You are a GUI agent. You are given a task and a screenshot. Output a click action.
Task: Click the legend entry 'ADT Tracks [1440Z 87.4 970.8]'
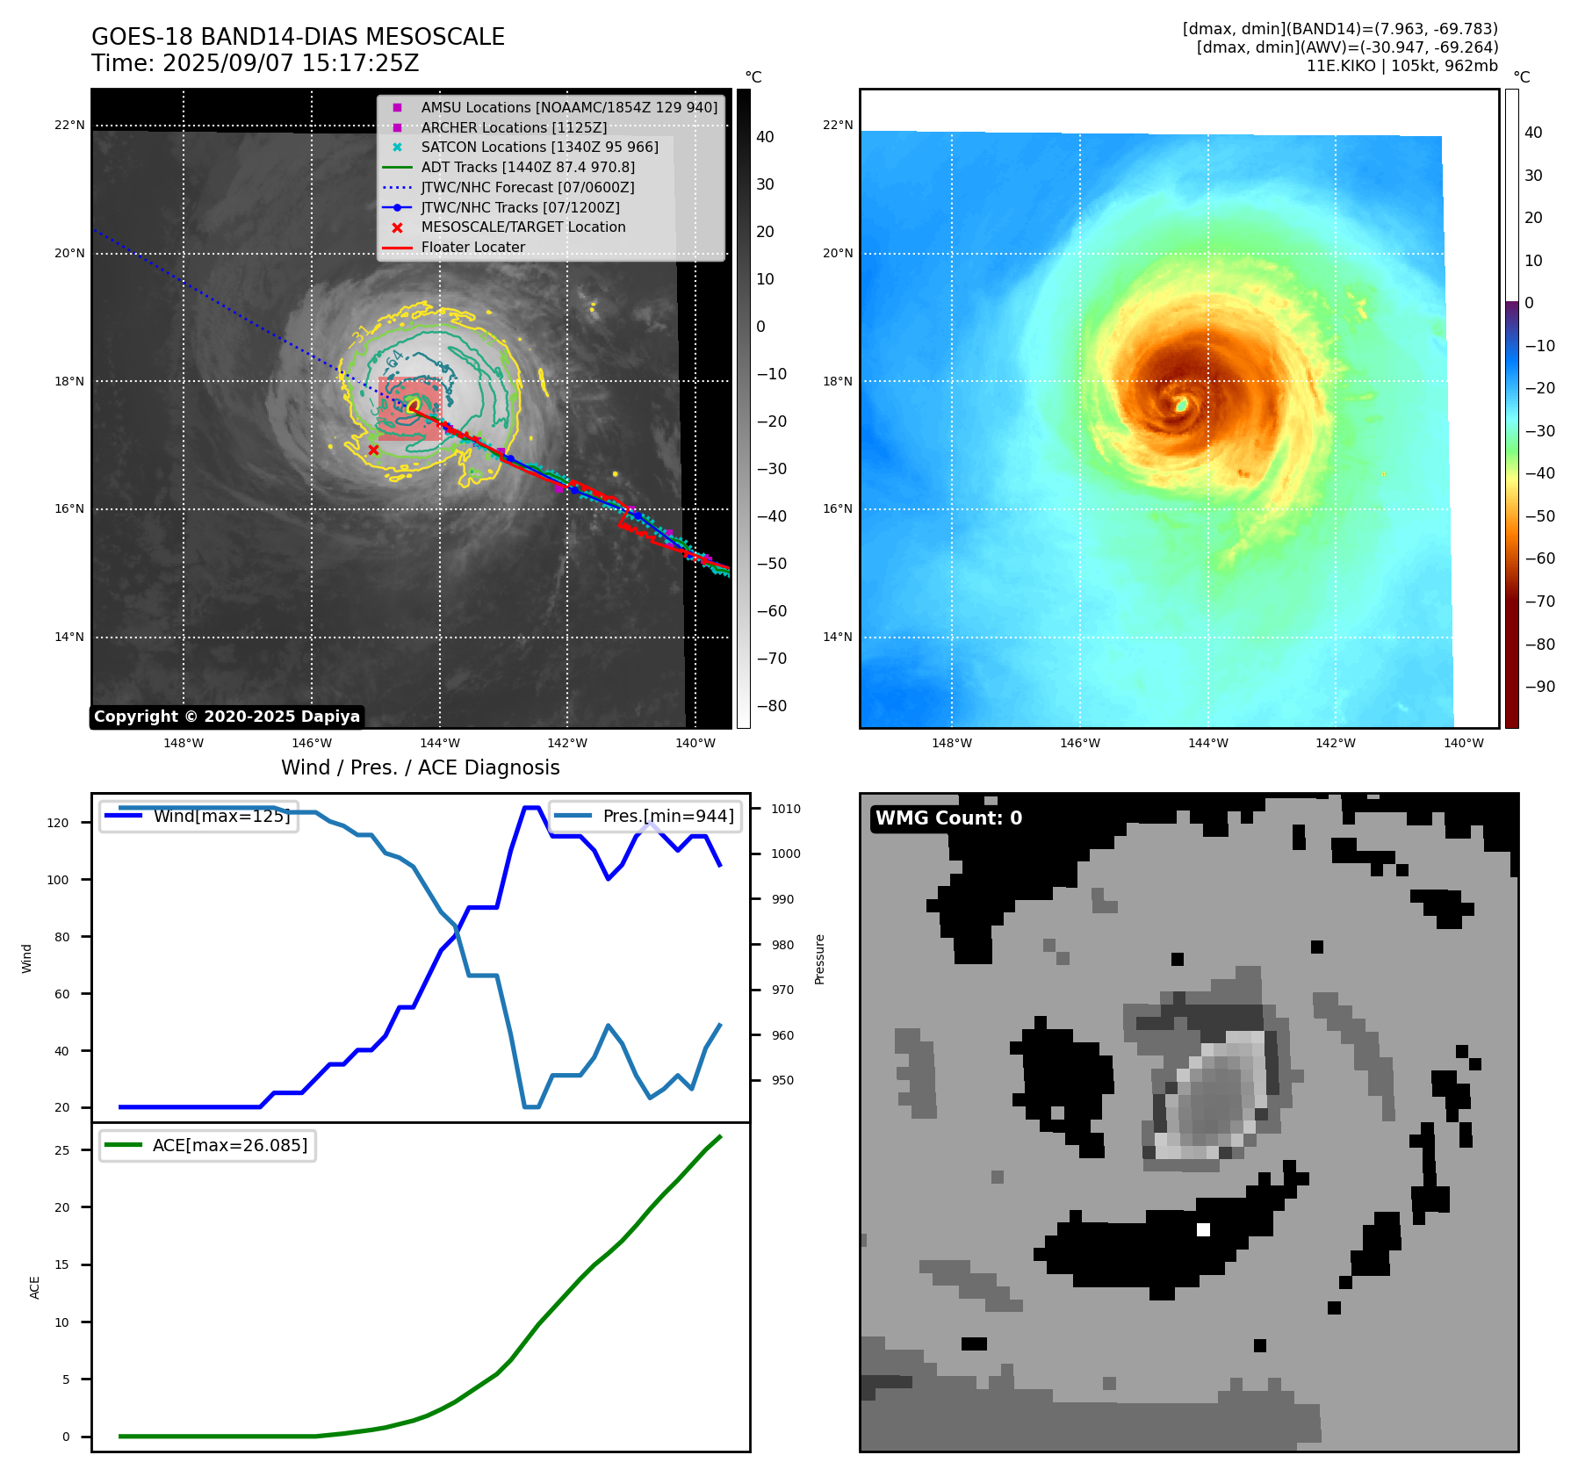pos(527,167)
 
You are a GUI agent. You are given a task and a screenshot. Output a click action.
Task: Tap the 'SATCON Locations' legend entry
pos(539,147)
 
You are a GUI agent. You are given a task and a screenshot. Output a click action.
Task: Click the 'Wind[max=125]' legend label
pos(221,816)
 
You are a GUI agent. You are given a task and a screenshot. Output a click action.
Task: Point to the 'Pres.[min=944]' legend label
pos(668,816)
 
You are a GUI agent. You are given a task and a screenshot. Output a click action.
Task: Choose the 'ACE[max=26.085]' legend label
pos(230,1145)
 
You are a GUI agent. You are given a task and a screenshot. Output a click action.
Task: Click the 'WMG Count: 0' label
pos(948,818)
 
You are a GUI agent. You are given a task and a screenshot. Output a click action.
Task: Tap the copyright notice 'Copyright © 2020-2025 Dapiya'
pos(227,717)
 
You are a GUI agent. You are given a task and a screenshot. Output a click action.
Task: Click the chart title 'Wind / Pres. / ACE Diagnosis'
pos(420,767)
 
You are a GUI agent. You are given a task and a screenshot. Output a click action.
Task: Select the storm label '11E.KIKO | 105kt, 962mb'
pos(1401,66)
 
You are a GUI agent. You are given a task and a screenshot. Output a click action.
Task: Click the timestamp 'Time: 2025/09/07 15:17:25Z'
pos(256,63)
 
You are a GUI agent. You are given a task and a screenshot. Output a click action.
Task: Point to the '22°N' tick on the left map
pos(69,126)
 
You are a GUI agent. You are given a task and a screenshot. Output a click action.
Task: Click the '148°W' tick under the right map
pos(952,743)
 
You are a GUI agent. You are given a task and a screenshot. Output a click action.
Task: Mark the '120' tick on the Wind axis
pos(58,823)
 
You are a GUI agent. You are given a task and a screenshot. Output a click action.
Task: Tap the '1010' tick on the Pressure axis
pos(786,809)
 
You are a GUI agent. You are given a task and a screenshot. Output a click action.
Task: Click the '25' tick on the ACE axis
pos(61,1150)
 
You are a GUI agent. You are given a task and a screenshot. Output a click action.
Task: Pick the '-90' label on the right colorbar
pos(1539,687)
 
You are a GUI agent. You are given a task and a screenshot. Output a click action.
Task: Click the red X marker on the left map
pos(373,450)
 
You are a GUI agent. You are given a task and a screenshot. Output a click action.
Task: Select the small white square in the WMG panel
pos(1203,1229)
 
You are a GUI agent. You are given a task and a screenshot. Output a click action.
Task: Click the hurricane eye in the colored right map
pos(1182,405)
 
